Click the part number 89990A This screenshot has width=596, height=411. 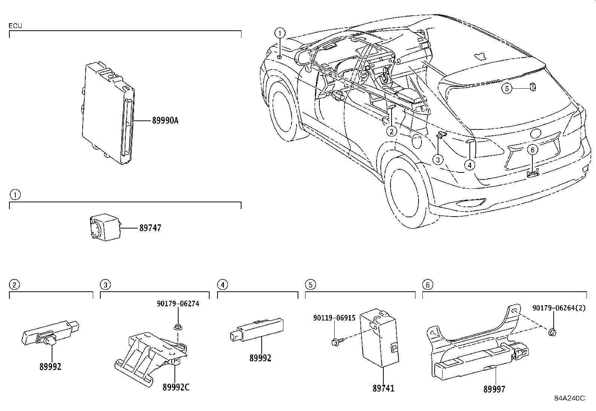(165, 120)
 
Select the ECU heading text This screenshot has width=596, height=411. (16, 26)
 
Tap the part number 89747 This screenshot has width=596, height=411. (150, 228)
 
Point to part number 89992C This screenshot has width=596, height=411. (176, 387)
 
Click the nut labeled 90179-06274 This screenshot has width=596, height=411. (178, 328)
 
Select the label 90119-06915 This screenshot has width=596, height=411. (334, 318)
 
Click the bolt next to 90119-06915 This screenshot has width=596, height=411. (334, 341)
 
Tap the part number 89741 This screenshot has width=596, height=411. (383, 389)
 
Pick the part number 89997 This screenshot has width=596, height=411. (494, 389)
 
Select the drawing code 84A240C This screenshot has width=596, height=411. (569, 398)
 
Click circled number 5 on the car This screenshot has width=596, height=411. (507, 89)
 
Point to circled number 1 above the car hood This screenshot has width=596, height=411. (280, 33)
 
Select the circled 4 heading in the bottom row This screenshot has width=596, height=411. (222, 285)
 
